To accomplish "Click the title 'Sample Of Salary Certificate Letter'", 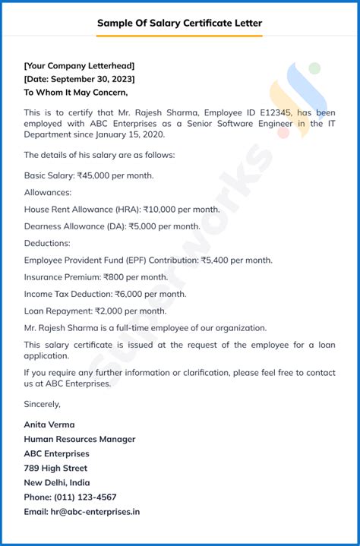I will [x=179, y=23].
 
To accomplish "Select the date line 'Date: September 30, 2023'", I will [x=79, y=79].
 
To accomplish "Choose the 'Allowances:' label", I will [x=48, y=193].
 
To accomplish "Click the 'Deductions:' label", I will [x=47, y=243].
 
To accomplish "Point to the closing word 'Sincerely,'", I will [x=43, y=404].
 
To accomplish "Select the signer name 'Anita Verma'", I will [x=49, y=424].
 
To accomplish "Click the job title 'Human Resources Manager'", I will [x=80, y=439].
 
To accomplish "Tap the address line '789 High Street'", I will [x=55, y=468].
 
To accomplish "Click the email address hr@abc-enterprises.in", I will [x=95, y=511].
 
